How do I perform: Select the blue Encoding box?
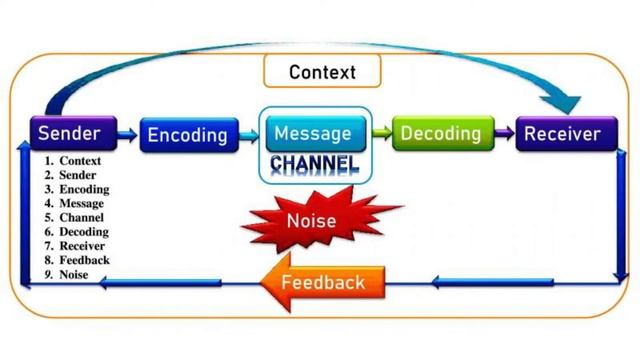187,135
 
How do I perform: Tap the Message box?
313,133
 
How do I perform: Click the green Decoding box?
440,133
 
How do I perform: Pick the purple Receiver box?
562,133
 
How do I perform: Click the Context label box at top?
321,72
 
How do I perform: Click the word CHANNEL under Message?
314,162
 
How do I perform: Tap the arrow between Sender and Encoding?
127,132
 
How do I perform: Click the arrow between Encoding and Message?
249,133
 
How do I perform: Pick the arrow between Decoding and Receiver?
503,132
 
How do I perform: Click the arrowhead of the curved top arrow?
567,100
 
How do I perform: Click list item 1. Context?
72,161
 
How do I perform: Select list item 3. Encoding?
76,189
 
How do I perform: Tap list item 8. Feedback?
76,260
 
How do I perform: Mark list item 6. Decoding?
76,232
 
